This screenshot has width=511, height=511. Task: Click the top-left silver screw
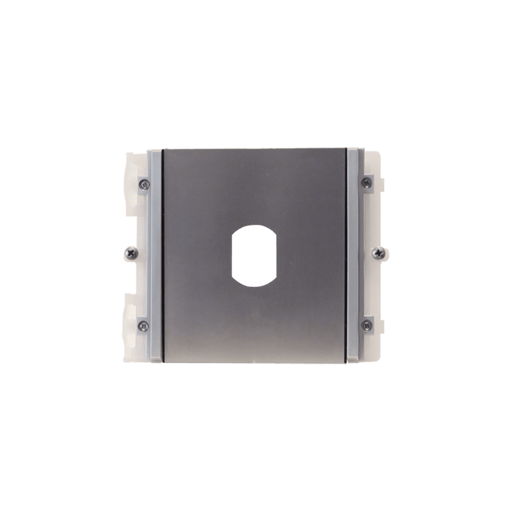coord(145,182)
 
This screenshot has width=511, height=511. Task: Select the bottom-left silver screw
coord(145,325)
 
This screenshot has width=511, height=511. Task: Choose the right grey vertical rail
coord(355,255)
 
